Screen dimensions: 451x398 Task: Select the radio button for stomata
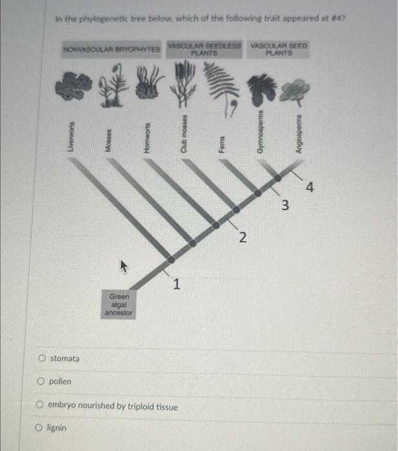tap(42, 358)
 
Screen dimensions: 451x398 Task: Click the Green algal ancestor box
tap(119, 303)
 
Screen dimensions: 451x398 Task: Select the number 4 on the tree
tap(310, 187)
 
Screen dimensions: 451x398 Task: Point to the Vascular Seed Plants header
tap(279, 50)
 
